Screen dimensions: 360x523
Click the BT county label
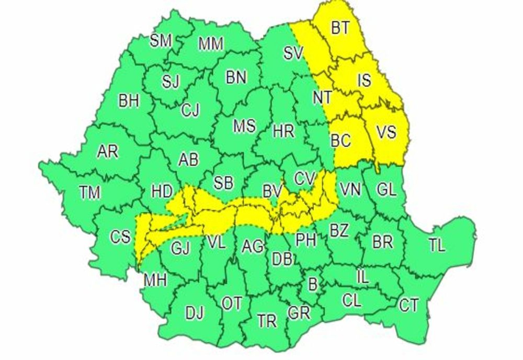[340, 28]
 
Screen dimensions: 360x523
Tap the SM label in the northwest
[161, 41]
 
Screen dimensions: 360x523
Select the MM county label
[211, 44]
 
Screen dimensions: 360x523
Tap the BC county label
[340, 140]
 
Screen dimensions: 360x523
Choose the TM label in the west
[90, 193]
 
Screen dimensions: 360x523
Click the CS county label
[120, 237]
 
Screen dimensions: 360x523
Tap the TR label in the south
[267, 320]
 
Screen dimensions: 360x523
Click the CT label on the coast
[408, 305]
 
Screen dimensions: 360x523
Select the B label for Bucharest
[313, 285]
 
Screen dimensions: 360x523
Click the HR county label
[283, 131]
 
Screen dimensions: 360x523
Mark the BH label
[129, 101]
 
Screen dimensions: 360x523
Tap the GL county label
[386, 190]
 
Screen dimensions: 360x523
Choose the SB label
[223, 183]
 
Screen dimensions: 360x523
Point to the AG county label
[253, 246]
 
